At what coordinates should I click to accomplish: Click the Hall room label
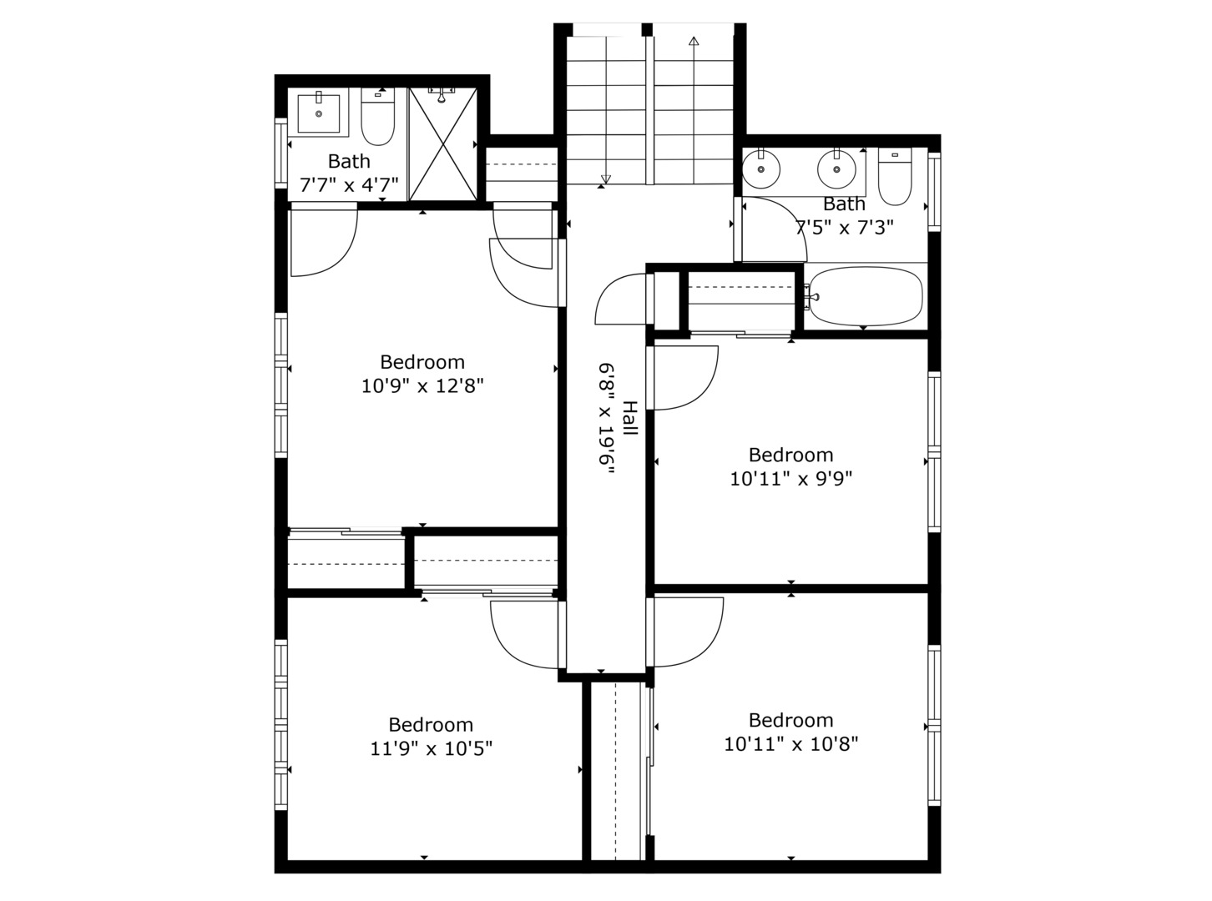point(629,418)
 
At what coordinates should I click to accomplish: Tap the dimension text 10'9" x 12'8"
point(422,386)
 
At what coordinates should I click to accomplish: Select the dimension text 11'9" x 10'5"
point(431,749)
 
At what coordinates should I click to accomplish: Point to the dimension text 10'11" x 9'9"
point(790,479)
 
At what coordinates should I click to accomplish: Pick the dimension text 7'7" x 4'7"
point(349,184)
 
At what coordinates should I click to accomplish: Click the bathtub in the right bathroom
point(866,297)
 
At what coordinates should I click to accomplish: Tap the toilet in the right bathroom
point(895,177)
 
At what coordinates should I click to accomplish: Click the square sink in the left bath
point(319,113)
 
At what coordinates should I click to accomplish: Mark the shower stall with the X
point(442,143)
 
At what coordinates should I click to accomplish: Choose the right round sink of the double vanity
point(836,170)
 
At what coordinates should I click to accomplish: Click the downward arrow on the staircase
point(606,178)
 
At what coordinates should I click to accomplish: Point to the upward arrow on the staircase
point(694,41)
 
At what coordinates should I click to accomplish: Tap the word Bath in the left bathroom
point(349,161)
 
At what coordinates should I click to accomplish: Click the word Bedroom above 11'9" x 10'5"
point(431,724)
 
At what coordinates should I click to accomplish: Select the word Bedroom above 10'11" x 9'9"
point(790,455)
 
